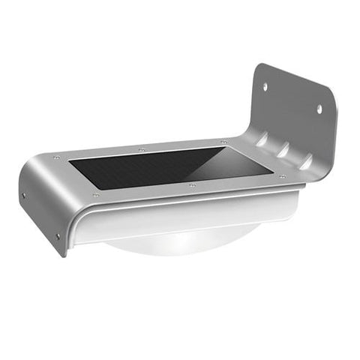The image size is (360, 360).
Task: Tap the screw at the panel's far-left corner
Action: tap(56, 157)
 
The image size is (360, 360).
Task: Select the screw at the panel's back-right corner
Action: tap(223, 142)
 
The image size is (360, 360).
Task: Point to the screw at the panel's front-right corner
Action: tap(282, 177)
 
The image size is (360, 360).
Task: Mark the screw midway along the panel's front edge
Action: tap(193, 184)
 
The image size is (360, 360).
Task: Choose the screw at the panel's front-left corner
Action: tap(95, 196)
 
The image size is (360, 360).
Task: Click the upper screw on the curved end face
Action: tap(25, 196)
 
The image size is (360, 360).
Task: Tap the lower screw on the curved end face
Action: tap(58, 235)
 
